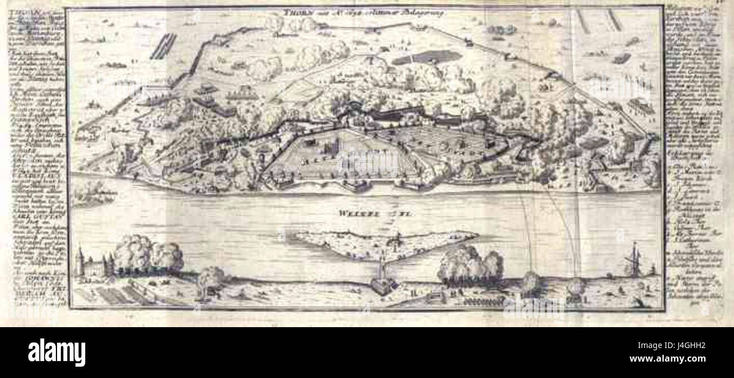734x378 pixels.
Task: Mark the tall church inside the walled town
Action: (334, 148)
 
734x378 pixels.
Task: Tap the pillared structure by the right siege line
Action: (641, 105)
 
